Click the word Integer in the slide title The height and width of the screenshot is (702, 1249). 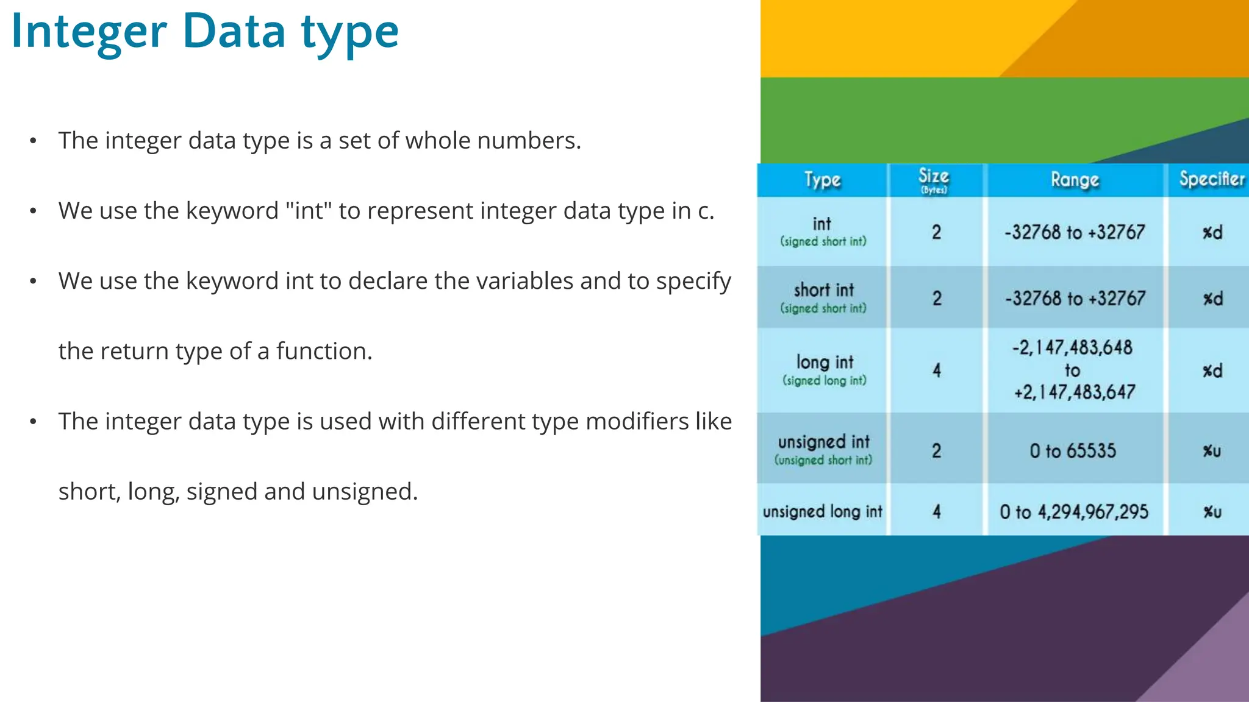pos(89,32)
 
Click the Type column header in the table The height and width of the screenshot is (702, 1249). pos(822,180)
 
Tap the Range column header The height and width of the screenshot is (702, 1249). pos(1075,180)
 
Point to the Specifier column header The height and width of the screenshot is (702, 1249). pos(1211,179)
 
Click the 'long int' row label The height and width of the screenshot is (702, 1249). pos(825,363)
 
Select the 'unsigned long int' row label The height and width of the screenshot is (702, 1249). pos(822,511)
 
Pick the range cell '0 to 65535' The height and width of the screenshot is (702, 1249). pos(1073,451)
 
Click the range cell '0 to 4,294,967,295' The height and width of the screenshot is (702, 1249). pos(1073,512)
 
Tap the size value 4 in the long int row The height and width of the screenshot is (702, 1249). pos(937,370)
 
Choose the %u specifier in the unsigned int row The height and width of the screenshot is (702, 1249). pos(1212,452)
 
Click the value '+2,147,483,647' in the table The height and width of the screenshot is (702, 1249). pos(1074,392)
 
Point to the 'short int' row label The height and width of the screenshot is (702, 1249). pos(824,290)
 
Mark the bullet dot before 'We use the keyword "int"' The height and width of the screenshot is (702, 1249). pos(33,211)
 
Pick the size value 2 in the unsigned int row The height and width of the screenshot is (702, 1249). pos(937,451)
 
